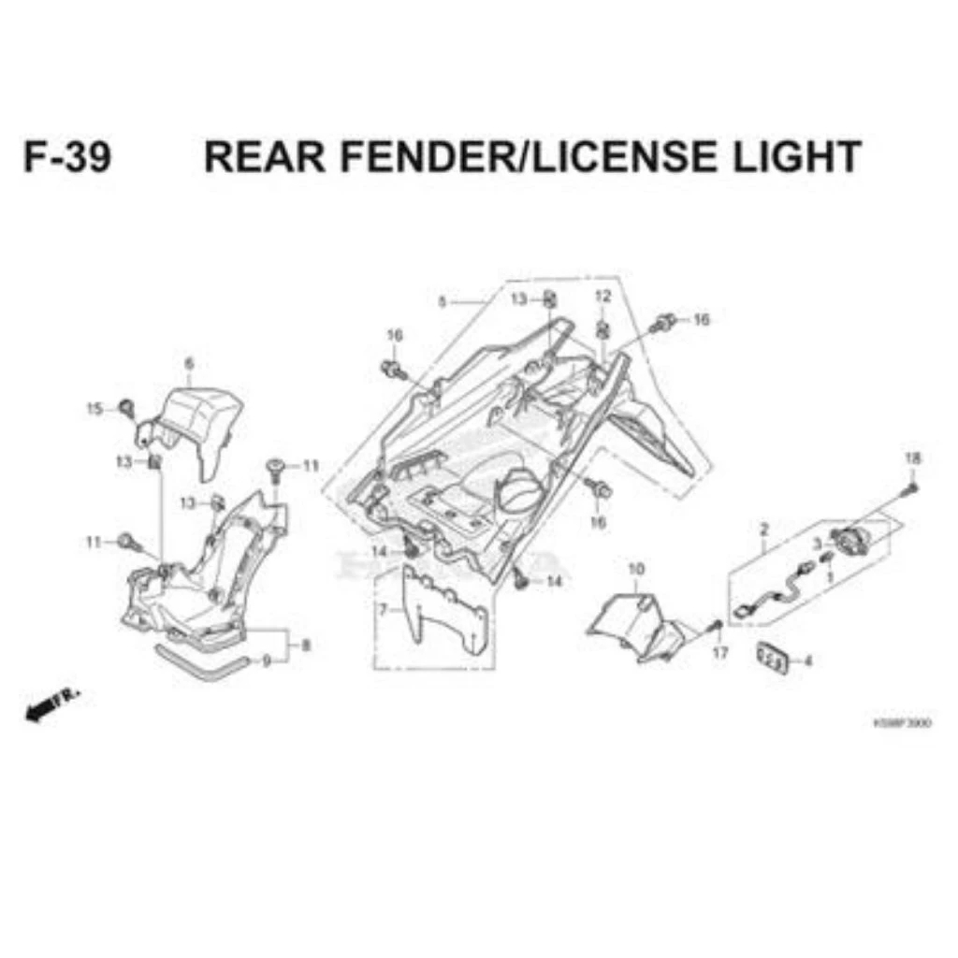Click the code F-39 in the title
pos(66,157)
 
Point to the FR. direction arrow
pos(51,704)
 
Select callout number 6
pos(189,363)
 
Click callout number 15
pos(94,409)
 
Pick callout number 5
pos(442,301)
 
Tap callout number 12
pos(602,297)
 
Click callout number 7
pos(382,610)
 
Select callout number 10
pos(636,569)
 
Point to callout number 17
pos(719,653)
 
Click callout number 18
pos(912,458)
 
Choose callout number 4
pos(807,660)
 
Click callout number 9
pos(267,661)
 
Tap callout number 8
pos(305,645)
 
